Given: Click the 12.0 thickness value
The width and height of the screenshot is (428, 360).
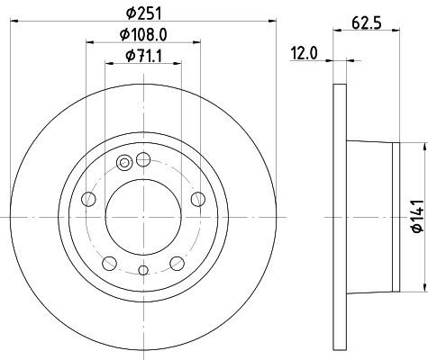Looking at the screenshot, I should point(303,53).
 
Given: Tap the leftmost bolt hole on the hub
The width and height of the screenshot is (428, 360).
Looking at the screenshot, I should point(87,199).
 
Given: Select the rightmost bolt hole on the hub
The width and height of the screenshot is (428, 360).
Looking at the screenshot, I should point(199,199).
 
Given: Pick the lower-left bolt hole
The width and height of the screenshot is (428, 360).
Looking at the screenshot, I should point(109,263).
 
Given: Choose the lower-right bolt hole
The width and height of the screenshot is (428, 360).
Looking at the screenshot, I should point(178,263).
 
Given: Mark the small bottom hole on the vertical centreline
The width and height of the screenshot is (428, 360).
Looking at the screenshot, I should point(143,269).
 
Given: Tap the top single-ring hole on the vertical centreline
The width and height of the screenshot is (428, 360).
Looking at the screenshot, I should point(143,159).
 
